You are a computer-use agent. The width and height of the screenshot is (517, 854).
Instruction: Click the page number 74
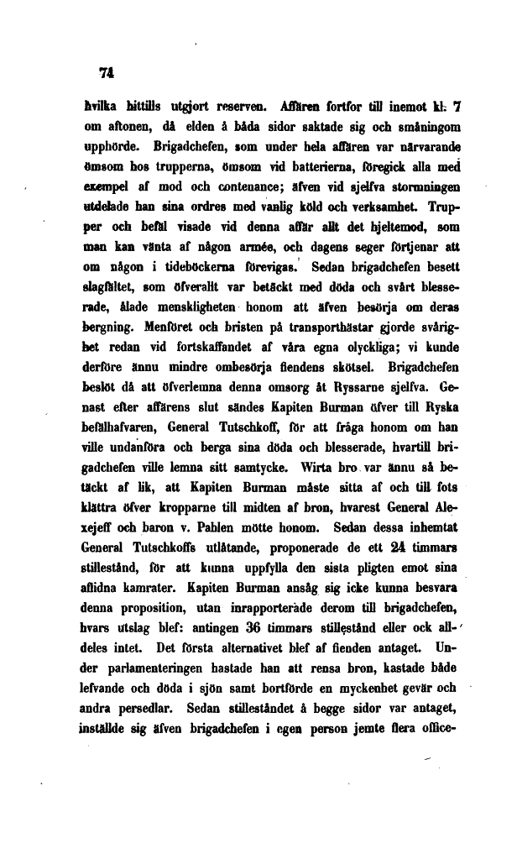(x=106, y=73)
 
